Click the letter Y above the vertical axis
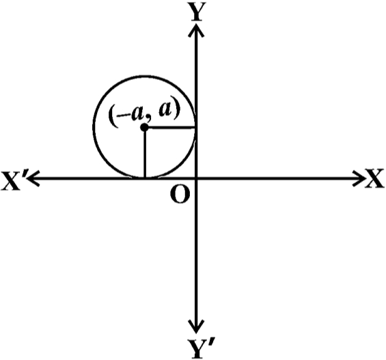[x=196, y=12]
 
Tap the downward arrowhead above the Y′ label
[x=196, y=327]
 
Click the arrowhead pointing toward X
[x=359, y=178]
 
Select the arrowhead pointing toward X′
[x=33, y=178]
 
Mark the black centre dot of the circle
[x=144, y=128]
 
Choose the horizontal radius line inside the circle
[x=170, y=128]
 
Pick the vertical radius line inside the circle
[x=145, y=152]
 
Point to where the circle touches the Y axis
[x=195, y=128]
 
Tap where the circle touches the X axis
[x=145, y=177]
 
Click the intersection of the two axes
[x=196, y=178]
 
